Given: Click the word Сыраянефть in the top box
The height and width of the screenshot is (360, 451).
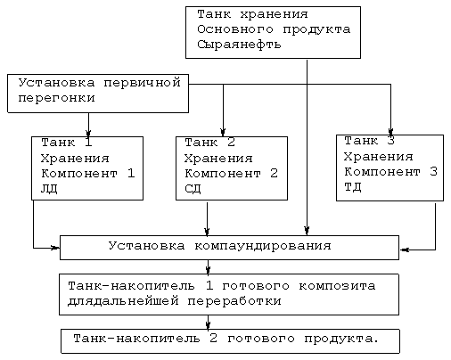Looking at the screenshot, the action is click(x=239, y=45).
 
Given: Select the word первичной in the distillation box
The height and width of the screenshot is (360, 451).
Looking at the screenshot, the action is click(x=142, y=83).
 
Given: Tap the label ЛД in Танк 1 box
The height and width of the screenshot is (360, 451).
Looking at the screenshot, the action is click(x=49, y=189).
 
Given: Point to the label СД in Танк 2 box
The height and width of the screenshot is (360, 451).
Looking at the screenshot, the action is click(x=193, y=189).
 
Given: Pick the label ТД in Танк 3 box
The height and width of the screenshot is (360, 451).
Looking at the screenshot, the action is click(x=353, y=187).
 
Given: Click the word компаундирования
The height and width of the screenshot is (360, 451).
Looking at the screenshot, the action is click(x=263, y=246).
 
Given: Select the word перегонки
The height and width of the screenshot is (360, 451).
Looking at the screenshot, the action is click(x=56, y=98).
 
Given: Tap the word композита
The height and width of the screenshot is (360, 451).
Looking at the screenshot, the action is click(x=337, y=286).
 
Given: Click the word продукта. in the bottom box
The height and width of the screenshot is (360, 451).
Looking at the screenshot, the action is click(x=341, y=339).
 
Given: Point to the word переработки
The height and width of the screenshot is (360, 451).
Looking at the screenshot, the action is click(x=234, y=301).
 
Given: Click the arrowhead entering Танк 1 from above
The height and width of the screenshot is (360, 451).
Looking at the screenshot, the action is click(x=88, y=133).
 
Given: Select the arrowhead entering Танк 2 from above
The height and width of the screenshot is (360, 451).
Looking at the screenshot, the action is click(x=223, y=133).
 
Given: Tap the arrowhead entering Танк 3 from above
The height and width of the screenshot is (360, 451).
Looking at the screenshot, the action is click(x=390, y=132).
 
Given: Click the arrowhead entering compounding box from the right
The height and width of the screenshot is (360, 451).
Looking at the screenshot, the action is click(x=404, y=250).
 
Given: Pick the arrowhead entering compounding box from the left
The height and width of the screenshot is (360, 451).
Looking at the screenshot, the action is click(x=55, y=248).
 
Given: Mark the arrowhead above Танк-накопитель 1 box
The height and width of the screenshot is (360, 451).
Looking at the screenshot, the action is click(x=208, y=270).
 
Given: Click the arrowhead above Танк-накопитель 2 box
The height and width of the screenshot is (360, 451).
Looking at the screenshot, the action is click(x=208, y=325).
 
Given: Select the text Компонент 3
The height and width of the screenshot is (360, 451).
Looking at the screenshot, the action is click(x=390, y=172).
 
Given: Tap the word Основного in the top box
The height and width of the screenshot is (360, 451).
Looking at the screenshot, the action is click(x=235, y=29).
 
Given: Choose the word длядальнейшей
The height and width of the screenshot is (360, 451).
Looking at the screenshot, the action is click(x=123, y=301).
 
